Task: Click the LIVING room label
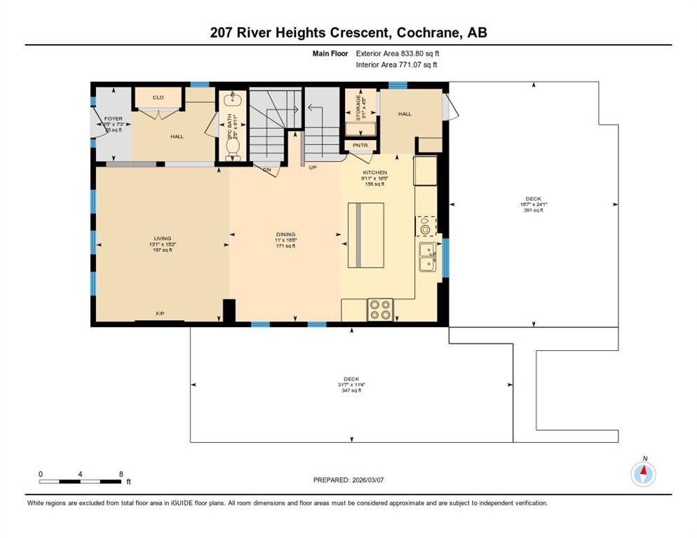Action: click(x=163, y=238)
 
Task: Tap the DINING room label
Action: click(x=285, y=235)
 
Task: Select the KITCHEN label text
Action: click(x=374, y=172)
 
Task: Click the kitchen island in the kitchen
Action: click(x=366, y=235)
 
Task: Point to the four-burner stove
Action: click(x=381, y=309)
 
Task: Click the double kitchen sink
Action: click(x=427, y=256)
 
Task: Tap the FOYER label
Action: click(x=113, y=119)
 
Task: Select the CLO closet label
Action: click(x=158, y=97)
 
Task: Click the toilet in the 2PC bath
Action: click(x=232, y=148)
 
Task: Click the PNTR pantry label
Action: click(x=360, y=146)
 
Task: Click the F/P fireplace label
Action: click(x=161, y=314)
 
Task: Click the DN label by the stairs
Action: click(x=267, y=170)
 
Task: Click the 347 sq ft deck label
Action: click(x=351, y=388)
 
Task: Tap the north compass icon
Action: click(x=643, y=474)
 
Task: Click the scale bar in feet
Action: click(x=82, y=481)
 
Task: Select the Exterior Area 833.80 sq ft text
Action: click(x=398, y=53)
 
